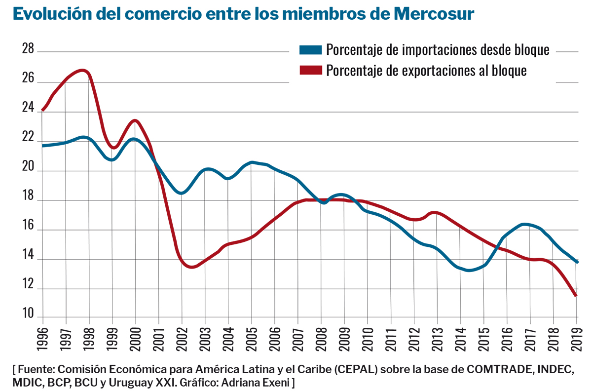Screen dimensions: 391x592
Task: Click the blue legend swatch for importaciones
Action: coord(311,50)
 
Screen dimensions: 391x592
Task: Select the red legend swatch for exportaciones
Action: coord(311,70)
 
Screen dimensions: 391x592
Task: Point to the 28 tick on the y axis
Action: coord(28,49)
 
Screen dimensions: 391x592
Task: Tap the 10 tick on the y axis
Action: coord(28,314)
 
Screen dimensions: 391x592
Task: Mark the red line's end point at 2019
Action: coord(576,295)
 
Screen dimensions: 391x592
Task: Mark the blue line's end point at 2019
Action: coord(576,262)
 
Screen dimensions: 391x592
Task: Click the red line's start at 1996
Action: coord(43,110)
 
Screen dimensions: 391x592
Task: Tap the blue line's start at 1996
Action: coord(43,146)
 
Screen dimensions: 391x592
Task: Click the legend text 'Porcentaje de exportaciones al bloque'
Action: coord(426,70)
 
